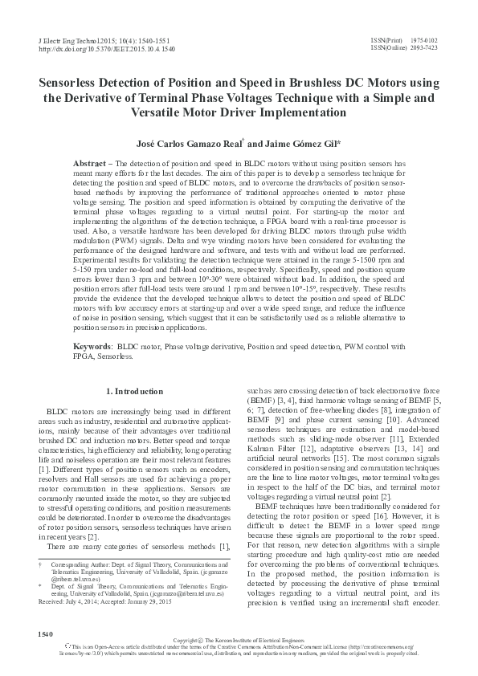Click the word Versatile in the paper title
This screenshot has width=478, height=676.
tap(156, 112)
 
